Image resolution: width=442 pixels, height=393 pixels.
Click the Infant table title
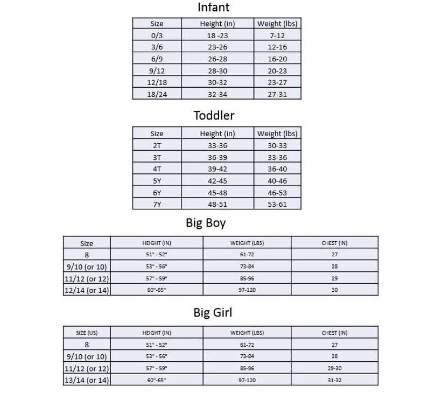click(213, 8)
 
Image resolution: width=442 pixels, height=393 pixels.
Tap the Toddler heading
click(214, 115)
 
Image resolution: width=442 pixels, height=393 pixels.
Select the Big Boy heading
click(206, 223)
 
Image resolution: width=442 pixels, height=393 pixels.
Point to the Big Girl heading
click(213, 313)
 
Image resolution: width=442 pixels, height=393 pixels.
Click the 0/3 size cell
click(157, 36)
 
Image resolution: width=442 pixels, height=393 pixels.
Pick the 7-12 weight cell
click(277, 36)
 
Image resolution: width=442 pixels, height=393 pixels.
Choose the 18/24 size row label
click(157, 94)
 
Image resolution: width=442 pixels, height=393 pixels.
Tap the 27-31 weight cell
click(277, 94)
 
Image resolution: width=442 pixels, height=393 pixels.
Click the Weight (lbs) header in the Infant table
click(277, 24)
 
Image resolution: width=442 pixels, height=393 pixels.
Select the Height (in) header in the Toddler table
click(218, 134)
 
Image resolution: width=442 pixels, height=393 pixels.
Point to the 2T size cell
click(157, 145)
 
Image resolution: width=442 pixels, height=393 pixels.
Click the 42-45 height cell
click(218, 181)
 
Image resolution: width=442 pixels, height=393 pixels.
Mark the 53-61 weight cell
click(277, 205)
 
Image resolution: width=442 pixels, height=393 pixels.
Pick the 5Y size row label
click(157, 181)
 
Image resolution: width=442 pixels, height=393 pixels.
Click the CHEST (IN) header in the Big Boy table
click(335, 243)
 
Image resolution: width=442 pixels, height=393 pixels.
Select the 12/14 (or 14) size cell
click(87, 291)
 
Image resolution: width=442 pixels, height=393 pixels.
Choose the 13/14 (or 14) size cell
click(87, 381)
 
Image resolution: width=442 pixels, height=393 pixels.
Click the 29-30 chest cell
click(335, 369)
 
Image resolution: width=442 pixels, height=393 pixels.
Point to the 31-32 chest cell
click(335, 381)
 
